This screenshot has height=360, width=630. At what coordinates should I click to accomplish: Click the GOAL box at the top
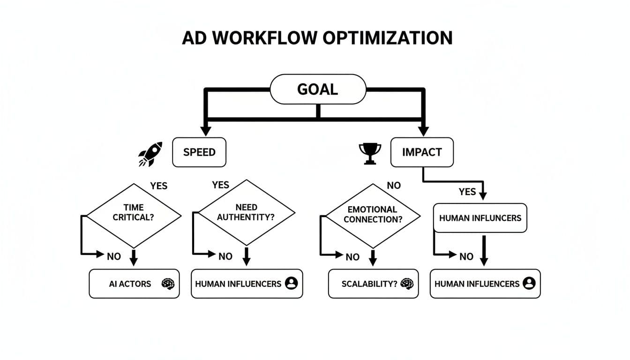point(317,89)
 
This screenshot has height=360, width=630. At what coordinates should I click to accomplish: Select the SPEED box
point(199,152)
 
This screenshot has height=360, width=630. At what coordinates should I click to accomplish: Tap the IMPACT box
point(422,152)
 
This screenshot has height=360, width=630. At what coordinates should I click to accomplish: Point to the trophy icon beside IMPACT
point(370,153)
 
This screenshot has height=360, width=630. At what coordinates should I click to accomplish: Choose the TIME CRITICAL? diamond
point(134,215)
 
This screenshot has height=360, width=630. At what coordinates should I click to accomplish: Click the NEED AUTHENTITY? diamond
point(246,212)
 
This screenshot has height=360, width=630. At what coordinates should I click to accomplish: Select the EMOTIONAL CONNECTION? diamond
point(372,215)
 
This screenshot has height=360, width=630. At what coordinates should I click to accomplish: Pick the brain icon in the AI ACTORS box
point(168,284)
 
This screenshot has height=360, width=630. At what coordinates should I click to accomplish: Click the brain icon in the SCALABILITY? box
point(407,284)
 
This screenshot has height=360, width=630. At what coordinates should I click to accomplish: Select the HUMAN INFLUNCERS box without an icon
point(480,218)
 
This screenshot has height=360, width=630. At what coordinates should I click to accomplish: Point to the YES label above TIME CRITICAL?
point(158,186)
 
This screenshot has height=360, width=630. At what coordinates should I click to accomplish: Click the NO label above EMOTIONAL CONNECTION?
point(394,186)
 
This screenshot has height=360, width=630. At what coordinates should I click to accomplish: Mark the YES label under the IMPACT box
point(467,192)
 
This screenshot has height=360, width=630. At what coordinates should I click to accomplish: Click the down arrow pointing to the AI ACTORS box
point(134,258)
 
